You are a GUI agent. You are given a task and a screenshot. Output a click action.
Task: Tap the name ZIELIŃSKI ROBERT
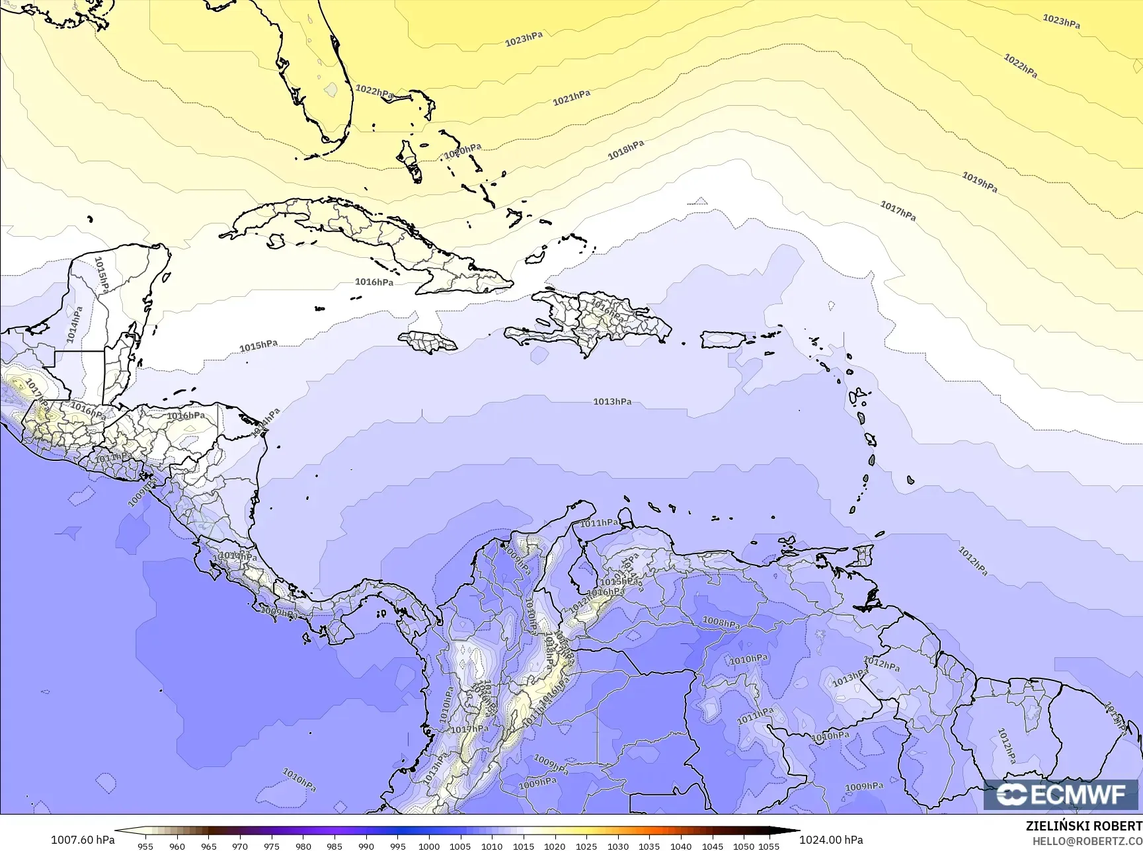[1084, 826]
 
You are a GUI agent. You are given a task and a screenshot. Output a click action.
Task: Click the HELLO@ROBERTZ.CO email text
[1087, 840]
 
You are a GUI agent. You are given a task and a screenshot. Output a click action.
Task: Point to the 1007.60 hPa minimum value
[83, 840]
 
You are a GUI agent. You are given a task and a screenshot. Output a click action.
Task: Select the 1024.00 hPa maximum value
[831, 840]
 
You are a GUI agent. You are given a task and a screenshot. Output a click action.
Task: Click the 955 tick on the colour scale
[145, 846]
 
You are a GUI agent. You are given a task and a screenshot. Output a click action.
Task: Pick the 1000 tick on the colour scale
[429, 846]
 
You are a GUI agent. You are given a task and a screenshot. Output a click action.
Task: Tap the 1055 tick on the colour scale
[768, 846]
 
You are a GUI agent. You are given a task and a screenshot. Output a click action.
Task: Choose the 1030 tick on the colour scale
[618, 846]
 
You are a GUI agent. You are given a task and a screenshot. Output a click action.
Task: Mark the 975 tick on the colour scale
[272, 846]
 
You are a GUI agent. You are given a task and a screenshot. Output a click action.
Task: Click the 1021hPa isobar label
[571, 98]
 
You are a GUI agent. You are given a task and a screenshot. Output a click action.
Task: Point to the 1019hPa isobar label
[979, 182]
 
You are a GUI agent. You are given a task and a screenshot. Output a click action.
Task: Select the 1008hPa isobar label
[721, 622]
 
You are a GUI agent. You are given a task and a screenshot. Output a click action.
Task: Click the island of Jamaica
[428, 341]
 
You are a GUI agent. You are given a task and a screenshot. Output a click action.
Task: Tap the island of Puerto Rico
[723, 340]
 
